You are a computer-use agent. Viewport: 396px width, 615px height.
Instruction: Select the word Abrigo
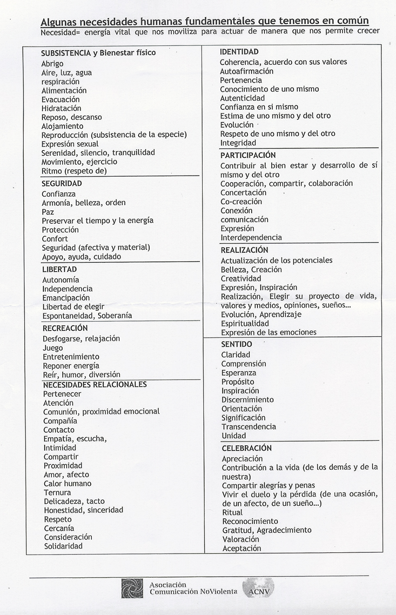(52, 64)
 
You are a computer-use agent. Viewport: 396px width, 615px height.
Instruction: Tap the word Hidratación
(61, 108)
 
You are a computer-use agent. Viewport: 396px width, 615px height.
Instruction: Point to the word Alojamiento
(62, 126)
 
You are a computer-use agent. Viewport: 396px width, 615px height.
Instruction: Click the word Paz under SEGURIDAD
(48, 212)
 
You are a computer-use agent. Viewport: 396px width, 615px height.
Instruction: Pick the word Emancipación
(66, 298)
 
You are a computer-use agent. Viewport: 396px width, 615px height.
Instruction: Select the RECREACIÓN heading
(65, 328)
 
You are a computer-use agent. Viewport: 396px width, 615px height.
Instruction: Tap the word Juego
(53, 348)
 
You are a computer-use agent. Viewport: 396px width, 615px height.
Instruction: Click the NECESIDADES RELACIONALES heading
(95, 385)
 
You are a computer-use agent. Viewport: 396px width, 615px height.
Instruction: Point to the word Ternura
(57, 492)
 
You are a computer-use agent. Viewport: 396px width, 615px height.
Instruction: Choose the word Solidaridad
(63, 546)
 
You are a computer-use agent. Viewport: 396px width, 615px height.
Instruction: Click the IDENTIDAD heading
(239, 52)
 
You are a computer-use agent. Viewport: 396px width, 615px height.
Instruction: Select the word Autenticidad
(242, 98)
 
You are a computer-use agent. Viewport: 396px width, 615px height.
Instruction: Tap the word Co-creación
(241, 201)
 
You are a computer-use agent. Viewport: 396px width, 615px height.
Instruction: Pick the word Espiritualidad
(245, 323)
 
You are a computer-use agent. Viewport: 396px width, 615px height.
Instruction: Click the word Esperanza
(238, 373)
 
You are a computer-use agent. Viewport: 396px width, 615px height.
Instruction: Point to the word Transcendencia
(249, 426)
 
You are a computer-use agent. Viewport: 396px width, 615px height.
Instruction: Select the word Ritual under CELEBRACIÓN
(232, 512)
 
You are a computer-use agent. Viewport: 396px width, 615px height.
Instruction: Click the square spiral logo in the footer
(132, 588)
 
